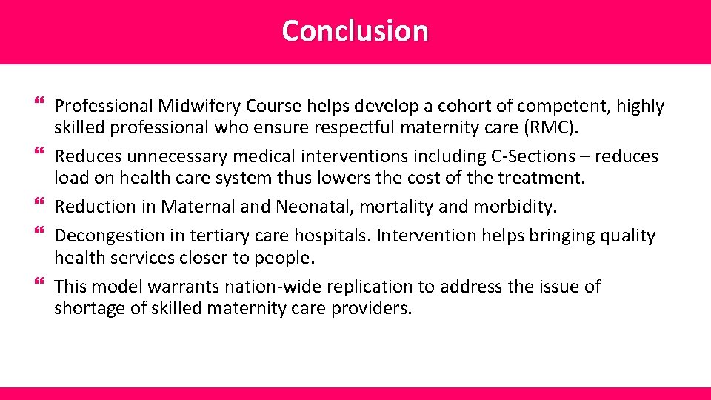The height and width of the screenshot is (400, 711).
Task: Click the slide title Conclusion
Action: (355, 31)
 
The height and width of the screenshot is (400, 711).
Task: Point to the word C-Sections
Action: (533, 156)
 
